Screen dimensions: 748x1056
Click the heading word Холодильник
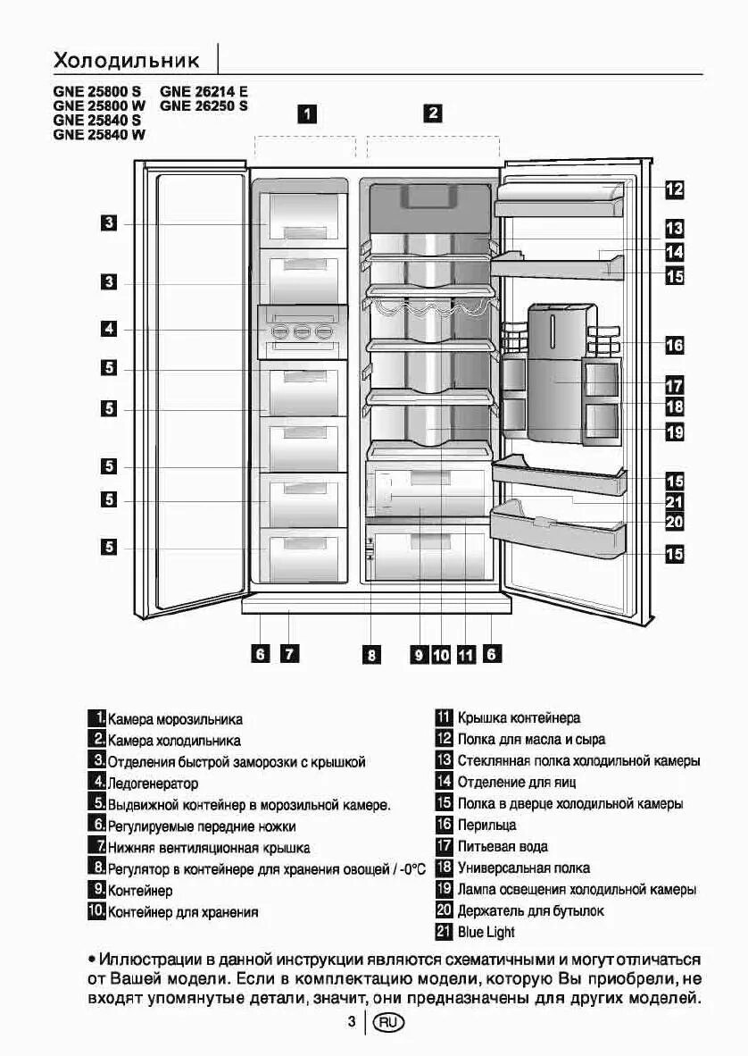pyautogui.click(x=126, y=61)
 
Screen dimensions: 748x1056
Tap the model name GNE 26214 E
pyautogui.click(x=204, y=91)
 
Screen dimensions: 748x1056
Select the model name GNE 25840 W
pyautogui.click(x=99, y=135)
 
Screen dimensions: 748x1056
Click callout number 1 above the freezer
pyautogui.click(x=307, y=113)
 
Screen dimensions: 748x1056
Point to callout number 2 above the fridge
pyautogui.click(x=433, y=113)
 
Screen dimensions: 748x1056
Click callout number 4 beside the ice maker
pyautogui.click(x=108, y=329)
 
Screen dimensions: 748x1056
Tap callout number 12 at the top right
pyautogui.click(x=674, y=189)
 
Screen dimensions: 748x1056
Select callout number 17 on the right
pyautogui.click(x=674, y=386)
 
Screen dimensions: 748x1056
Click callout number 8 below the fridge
pyautogui.click(x=370, y=655)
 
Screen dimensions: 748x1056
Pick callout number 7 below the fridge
pyautogui.click(x=288, y=654)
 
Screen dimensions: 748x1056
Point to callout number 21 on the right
pyautogui.click(x=674, y=502)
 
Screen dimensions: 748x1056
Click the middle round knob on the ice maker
pyautogui.click(x=302, y=332)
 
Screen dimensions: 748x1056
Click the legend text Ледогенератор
pyautogui.click(x=153, y=784)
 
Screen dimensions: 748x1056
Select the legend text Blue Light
pyautogui.click(x=486, y=933)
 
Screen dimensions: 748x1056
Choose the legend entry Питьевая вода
pyautogui.click(x=503, y=846)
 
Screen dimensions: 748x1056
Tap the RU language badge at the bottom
pyautogui.click(x=389, y=1022)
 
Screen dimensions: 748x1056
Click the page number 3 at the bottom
pyautogui.click(x=353, y=1022)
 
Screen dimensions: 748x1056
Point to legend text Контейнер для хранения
pyautogui.click(x=183, y=912)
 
